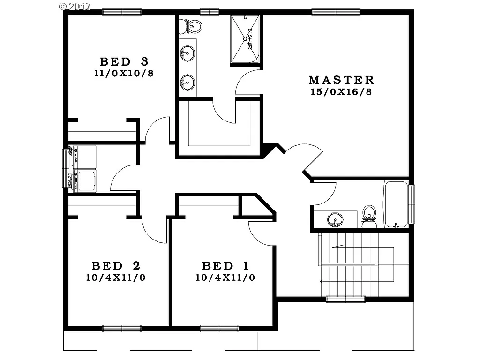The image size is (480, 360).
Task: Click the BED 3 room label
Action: pyautogui.click(x=124, y=61)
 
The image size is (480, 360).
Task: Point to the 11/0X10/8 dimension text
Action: pyautogui.click(x=124, y=73)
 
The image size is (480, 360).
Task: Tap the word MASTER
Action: pyautogui.click(x=341, y=80)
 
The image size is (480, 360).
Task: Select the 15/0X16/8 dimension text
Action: pyautogui.click(x=341, y=92)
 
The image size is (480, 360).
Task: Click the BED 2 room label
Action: pyautogui.click(x=115, y=266)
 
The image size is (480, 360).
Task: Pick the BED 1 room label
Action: pyautogui.click(x=225, y=266)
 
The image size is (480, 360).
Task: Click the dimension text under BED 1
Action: pyautogui.click(x=225, y=277)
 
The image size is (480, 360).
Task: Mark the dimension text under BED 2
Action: pyautogui.click(x=115, y=277)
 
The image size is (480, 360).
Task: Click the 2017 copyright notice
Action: pyautogui.click(x=75, y=7)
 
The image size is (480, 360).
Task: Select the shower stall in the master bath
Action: pyautogui.click(x=245, y=39)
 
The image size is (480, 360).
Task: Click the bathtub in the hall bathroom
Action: pyautogui.click(x=396, y=204)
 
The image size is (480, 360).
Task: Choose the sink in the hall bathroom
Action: pyautogui.click(x=335, y=219)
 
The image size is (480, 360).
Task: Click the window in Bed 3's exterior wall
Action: pyautogui.click(x=122, y=12)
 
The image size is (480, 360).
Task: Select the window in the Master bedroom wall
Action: pyautogui.click(x=336, y=12)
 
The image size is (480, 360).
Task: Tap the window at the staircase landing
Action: pyautogui.click(x=345, y=299)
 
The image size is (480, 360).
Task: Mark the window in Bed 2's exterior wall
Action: pyautogui.click(x=122, y=329)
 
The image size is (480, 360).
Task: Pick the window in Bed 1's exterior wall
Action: pyautogui.click(x=219, y=329)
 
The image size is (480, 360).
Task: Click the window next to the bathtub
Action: pyautogui.click(x=412, y=204)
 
